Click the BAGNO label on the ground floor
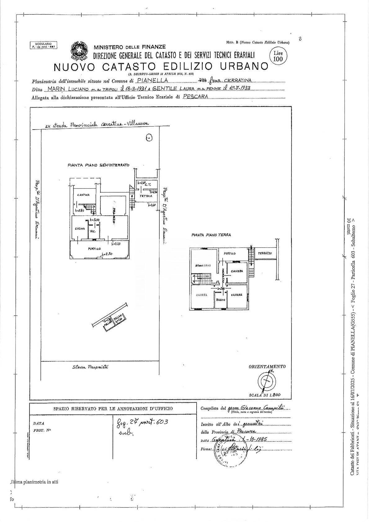tap(220, 300)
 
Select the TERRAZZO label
tap(265, 253)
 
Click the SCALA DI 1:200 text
tap(265, 395)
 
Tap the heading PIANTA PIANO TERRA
tap(211, 235)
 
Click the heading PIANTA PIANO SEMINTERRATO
tap(98, 165)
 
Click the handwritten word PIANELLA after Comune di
tap(152, 81)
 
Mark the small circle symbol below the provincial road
tap(149, 137)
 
